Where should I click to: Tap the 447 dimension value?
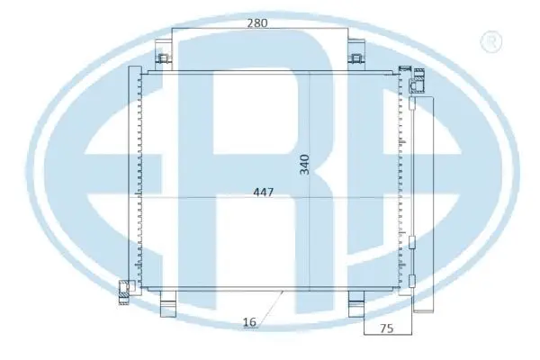coord(263,191)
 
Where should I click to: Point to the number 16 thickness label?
coord(249,321)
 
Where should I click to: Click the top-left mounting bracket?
coord(165,59)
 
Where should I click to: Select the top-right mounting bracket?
coord(357,59)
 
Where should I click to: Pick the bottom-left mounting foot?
coord(167,306)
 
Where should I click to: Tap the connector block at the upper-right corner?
coord(418,85)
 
